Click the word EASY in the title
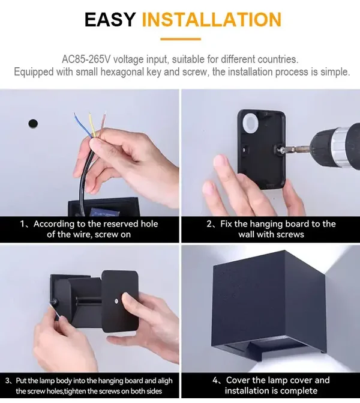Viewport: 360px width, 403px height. (x=110, y=20)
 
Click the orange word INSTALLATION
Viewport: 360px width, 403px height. (x=212, y=20)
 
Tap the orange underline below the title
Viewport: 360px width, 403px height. (x=181, y=39)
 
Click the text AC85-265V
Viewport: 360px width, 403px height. (x=86, y=59)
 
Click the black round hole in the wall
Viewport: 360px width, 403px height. (x=33, y=124)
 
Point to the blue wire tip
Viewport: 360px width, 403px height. (x=75, y=114)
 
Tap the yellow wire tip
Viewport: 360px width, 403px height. (x=89, y=114)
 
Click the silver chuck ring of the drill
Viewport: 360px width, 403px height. (x=338, y=148)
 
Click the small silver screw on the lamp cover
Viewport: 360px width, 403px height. (x=116, y=300)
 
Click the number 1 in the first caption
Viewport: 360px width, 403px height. (x=23, y=224)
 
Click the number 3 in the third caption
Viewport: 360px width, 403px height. (x=7, y=381)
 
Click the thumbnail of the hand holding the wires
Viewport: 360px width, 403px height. (x=89, y=153)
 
